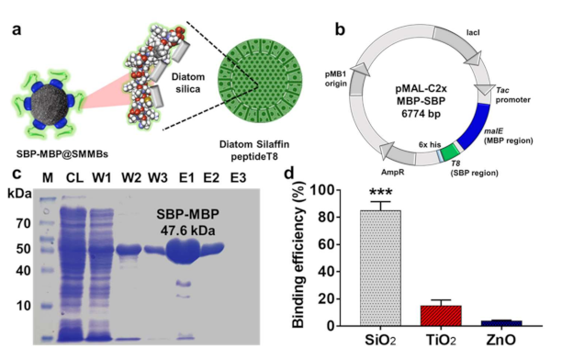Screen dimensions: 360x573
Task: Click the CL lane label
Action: pyautogui.click(x=76, y=177)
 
